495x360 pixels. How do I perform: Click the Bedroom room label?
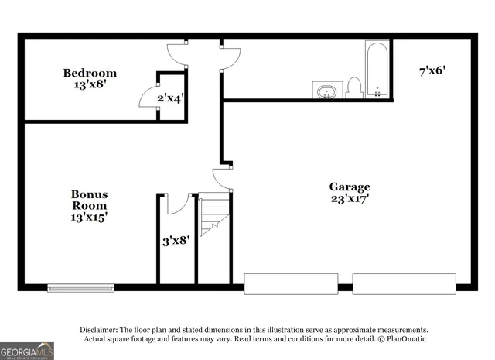pos(90,74)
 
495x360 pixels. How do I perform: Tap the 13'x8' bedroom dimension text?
pos(90,84)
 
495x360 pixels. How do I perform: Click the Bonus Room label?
pos(89,200)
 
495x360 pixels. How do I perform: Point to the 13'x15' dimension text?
pos(89,218)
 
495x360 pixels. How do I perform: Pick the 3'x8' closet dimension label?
pos(176,241)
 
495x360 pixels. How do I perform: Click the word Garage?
pos(350,187)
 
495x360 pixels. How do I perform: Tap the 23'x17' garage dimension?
pos(350,198)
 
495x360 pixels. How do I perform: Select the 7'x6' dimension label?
pos(432,71)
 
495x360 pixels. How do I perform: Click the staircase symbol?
pos(214,216)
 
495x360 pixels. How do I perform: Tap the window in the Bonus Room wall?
pos(80,288)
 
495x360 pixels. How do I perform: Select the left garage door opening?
pos(291,283)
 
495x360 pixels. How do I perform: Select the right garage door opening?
pos(404,283)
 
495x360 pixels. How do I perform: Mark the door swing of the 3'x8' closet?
pos(176,204)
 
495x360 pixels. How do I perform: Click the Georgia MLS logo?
pos(27,351)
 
